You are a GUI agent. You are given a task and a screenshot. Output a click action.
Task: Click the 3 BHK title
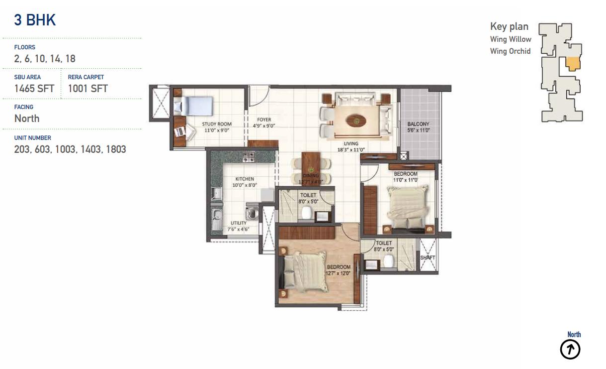coord(35,20)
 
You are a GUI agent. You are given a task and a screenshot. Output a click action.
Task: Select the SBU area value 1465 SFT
coord(34,89)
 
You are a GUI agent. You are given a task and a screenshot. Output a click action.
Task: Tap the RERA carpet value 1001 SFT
coord(87,89)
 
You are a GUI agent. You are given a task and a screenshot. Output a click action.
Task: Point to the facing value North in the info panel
coord(27,119)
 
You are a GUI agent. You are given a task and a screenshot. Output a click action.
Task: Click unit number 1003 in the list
coord(65,149)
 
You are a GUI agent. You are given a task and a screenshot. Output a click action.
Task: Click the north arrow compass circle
coord(570,350)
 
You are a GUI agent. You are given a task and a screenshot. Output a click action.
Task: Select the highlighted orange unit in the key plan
coord(573,64)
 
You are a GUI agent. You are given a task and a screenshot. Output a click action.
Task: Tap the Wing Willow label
coord(511,39)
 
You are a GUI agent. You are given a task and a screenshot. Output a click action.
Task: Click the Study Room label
coord(217,124)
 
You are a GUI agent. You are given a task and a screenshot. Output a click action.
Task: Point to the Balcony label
coord(418,124)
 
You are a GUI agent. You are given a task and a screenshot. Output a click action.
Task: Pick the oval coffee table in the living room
coord(356,121)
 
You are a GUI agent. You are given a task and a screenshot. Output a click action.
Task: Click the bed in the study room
coord(193,106)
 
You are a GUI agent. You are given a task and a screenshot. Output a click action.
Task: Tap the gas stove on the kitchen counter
coord(248,157)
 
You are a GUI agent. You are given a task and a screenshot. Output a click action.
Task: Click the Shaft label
coord(428,257)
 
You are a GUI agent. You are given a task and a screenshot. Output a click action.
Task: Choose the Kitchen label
coord(245,179)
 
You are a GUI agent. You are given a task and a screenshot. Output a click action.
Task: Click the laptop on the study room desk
coord(180,132)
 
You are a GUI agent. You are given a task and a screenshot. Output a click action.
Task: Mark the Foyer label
coord(264,120)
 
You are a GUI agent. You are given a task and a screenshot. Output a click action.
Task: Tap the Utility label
coord(238,223)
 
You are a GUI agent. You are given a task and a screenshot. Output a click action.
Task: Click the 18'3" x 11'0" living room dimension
coord(351,149)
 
